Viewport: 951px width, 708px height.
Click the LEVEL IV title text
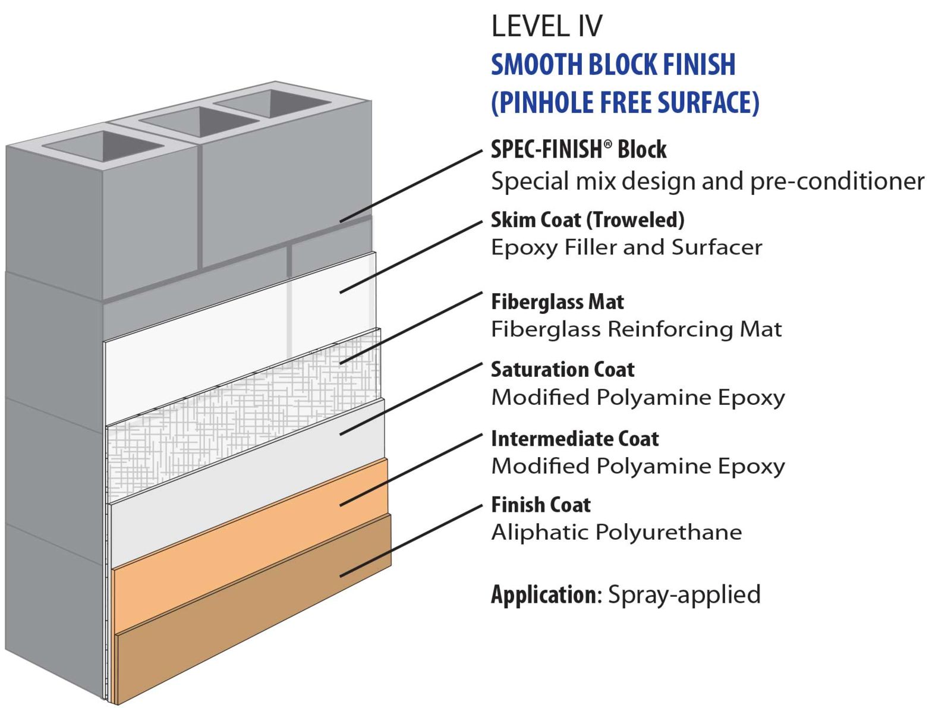point(546,27)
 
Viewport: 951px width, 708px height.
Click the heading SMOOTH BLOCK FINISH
point(613,65)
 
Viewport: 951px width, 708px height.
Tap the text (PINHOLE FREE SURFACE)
point(625,102)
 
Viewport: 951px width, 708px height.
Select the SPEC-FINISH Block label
point(578,150)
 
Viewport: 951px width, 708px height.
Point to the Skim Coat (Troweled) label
point(587,220)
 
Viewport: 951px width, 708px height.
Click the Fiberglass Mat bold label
point(557,302)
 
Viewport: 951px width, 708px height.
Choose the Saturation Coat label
point(562,370)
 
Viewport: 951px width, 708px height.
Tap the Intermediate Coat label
point(575,439)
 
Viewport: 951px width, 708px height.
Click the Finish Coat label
point(540,505)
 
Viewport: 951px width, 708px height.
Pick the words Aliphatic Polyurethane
point(616,532)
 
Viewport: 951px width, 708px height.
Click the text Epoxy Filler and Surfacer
point(626,247)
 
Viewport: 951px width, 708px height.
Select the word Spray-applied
point(684,594)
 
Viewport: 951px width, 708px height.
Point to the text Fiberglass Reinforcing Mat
point(636,329)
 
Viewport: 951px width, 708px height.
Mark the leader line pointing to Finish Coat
point(410,541)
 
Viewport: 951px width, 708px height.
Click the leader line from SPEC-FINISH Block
point(410,186)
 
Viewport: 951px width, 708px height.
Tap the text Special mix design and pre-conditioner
point(707,181)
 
